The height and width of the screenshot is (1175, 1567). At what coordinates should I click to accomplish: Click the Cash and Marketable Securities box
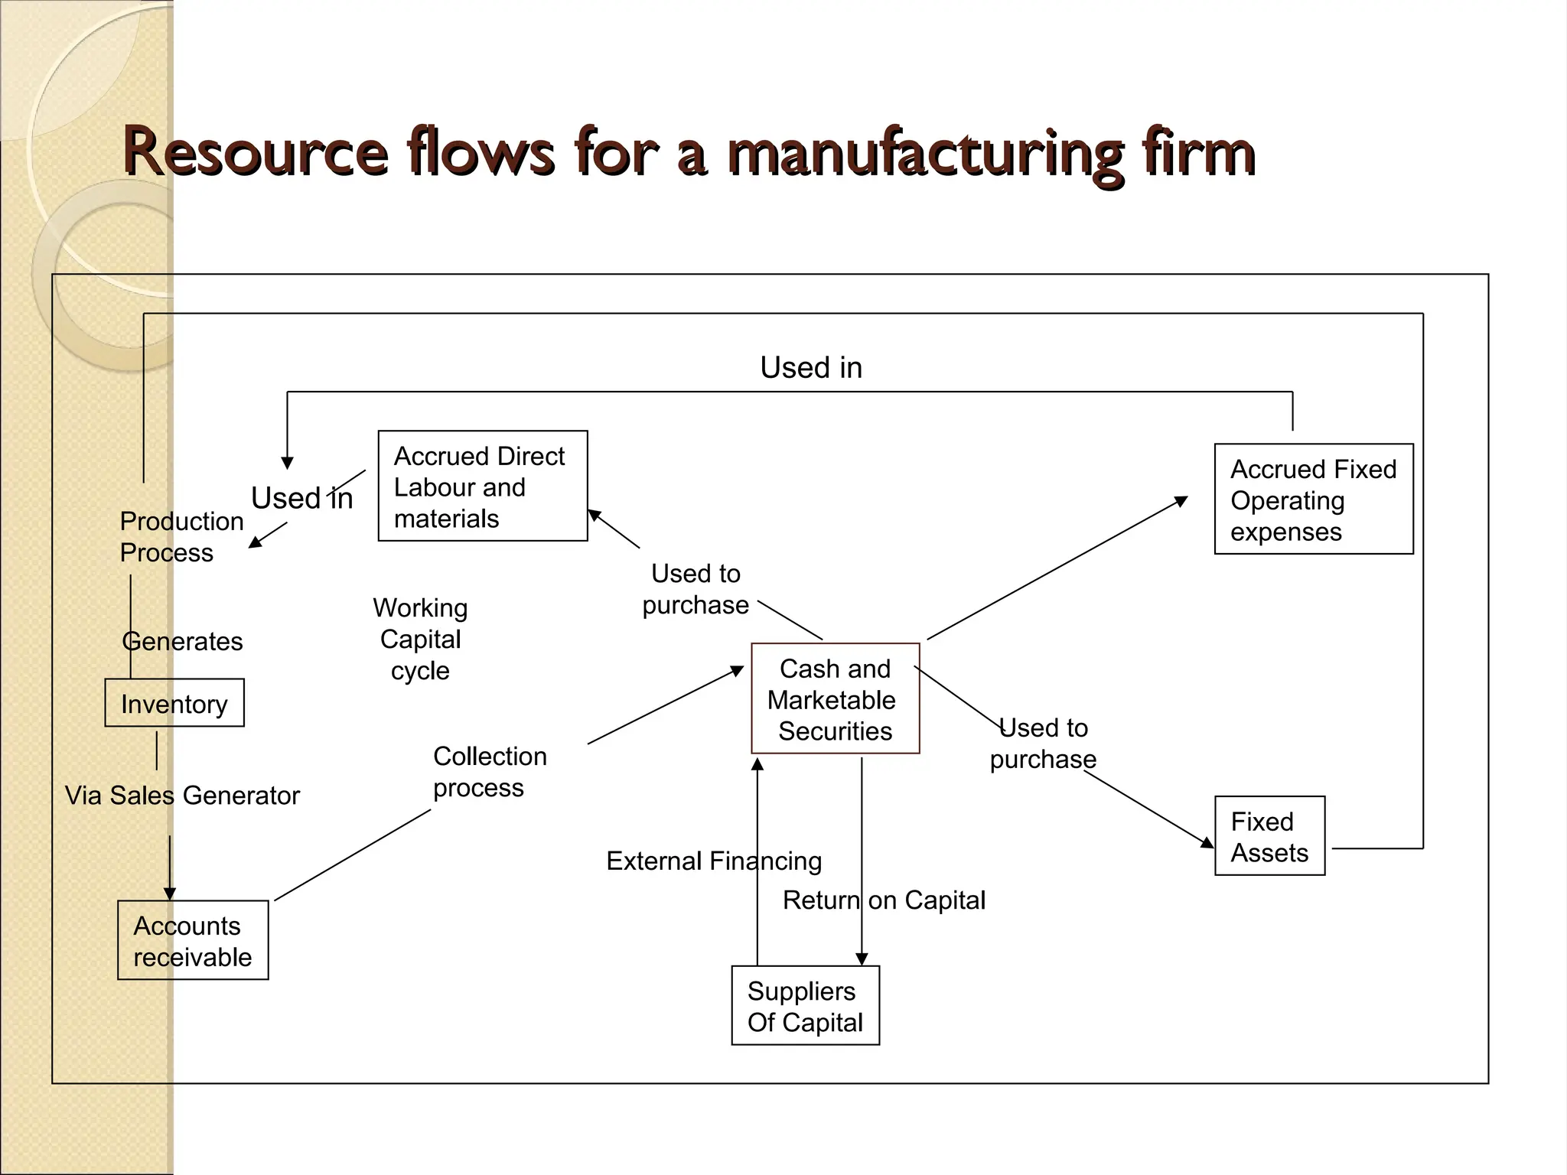835,698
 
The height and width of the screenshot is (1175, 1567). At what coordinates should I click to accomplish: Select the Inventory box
174,703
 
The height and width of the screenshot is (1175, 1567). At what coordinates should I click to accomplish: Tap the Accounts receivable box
193,940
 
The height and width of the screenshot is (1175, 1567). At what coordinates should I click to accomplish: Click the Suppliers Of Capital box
805,1006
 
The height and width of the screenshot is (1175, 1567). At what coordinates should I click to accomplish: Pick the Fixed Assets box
1269,836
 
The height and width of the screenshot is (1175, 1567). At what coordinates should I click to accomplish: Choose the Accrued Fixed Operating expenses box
1313,500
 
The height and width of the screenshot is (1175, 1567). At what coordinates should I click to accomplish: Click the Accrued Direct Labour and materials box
482,487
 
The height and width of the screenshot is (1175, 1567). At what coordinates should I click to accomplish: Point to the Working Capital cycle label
420,640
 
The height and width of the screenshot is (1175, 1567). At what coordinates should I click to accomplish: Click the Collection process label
490,771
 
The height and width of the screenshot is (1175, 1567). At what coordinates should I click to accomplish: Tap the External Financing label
713,861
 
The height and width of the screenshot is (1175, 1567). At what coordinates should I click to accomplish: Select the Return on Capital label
884,900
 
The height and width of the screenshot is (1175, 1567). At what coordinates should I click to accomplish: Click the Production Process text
181,536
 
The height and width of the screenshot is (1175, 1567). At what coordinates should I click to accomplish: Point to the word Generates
183,641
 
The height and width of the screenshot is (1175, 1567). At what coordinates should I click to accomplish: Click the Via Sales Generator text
182,796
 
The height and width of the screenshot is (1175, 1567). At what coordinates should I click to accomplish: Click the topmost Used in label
810,368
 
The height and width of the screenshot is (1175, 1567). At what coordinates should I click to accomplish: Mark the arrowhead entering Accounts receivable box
170,893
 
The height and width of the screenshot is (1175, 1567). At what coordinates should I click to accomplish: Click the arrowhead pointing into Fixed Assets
1207,842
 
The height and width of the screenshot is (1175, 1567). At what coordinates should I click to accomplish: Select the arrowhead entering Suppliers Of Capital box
862,959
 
